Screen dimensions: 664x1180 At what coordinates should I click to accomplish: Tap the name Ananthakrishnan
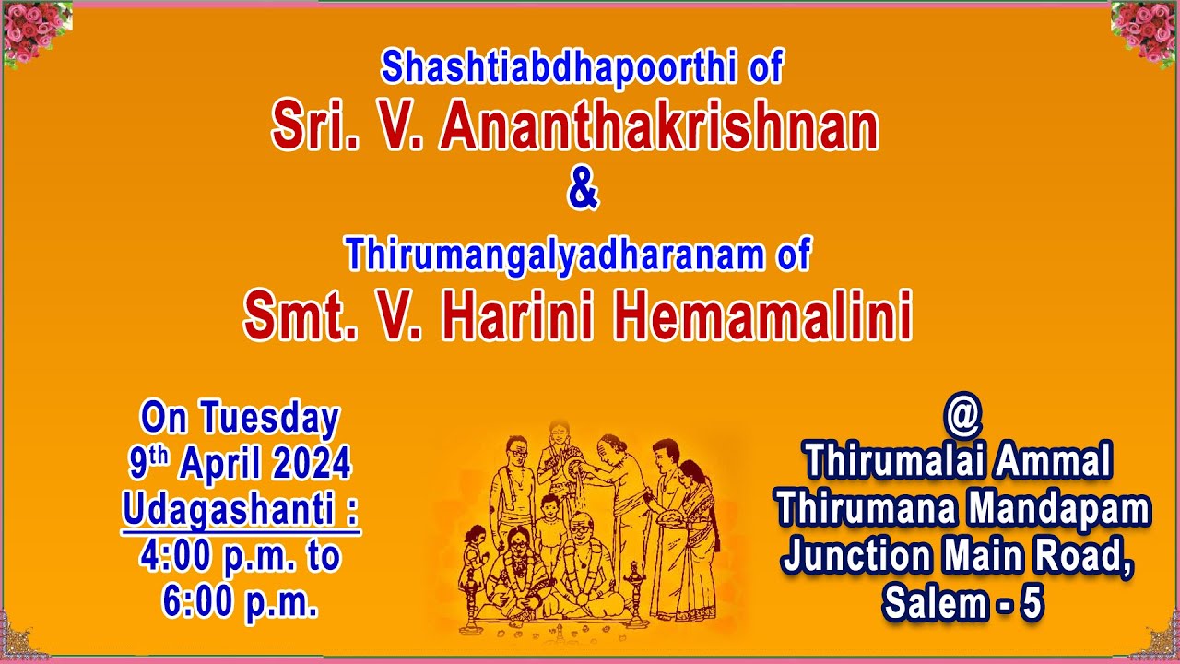point(658,128)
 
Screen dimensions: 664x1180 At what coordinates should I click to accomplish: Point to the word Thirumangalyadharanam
point(555,254)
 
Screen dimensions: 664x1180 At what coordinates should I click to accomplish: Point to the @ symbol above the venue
point(963,417)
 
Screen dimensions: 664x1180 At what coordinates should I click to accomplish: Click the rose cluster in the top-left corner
point(35,32)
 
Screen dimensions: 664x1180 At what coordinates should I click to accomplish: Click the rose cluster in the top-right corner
point(1145,32)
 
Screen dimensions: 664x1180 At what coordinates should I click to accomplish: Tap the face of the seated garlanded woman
point(514,541)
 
